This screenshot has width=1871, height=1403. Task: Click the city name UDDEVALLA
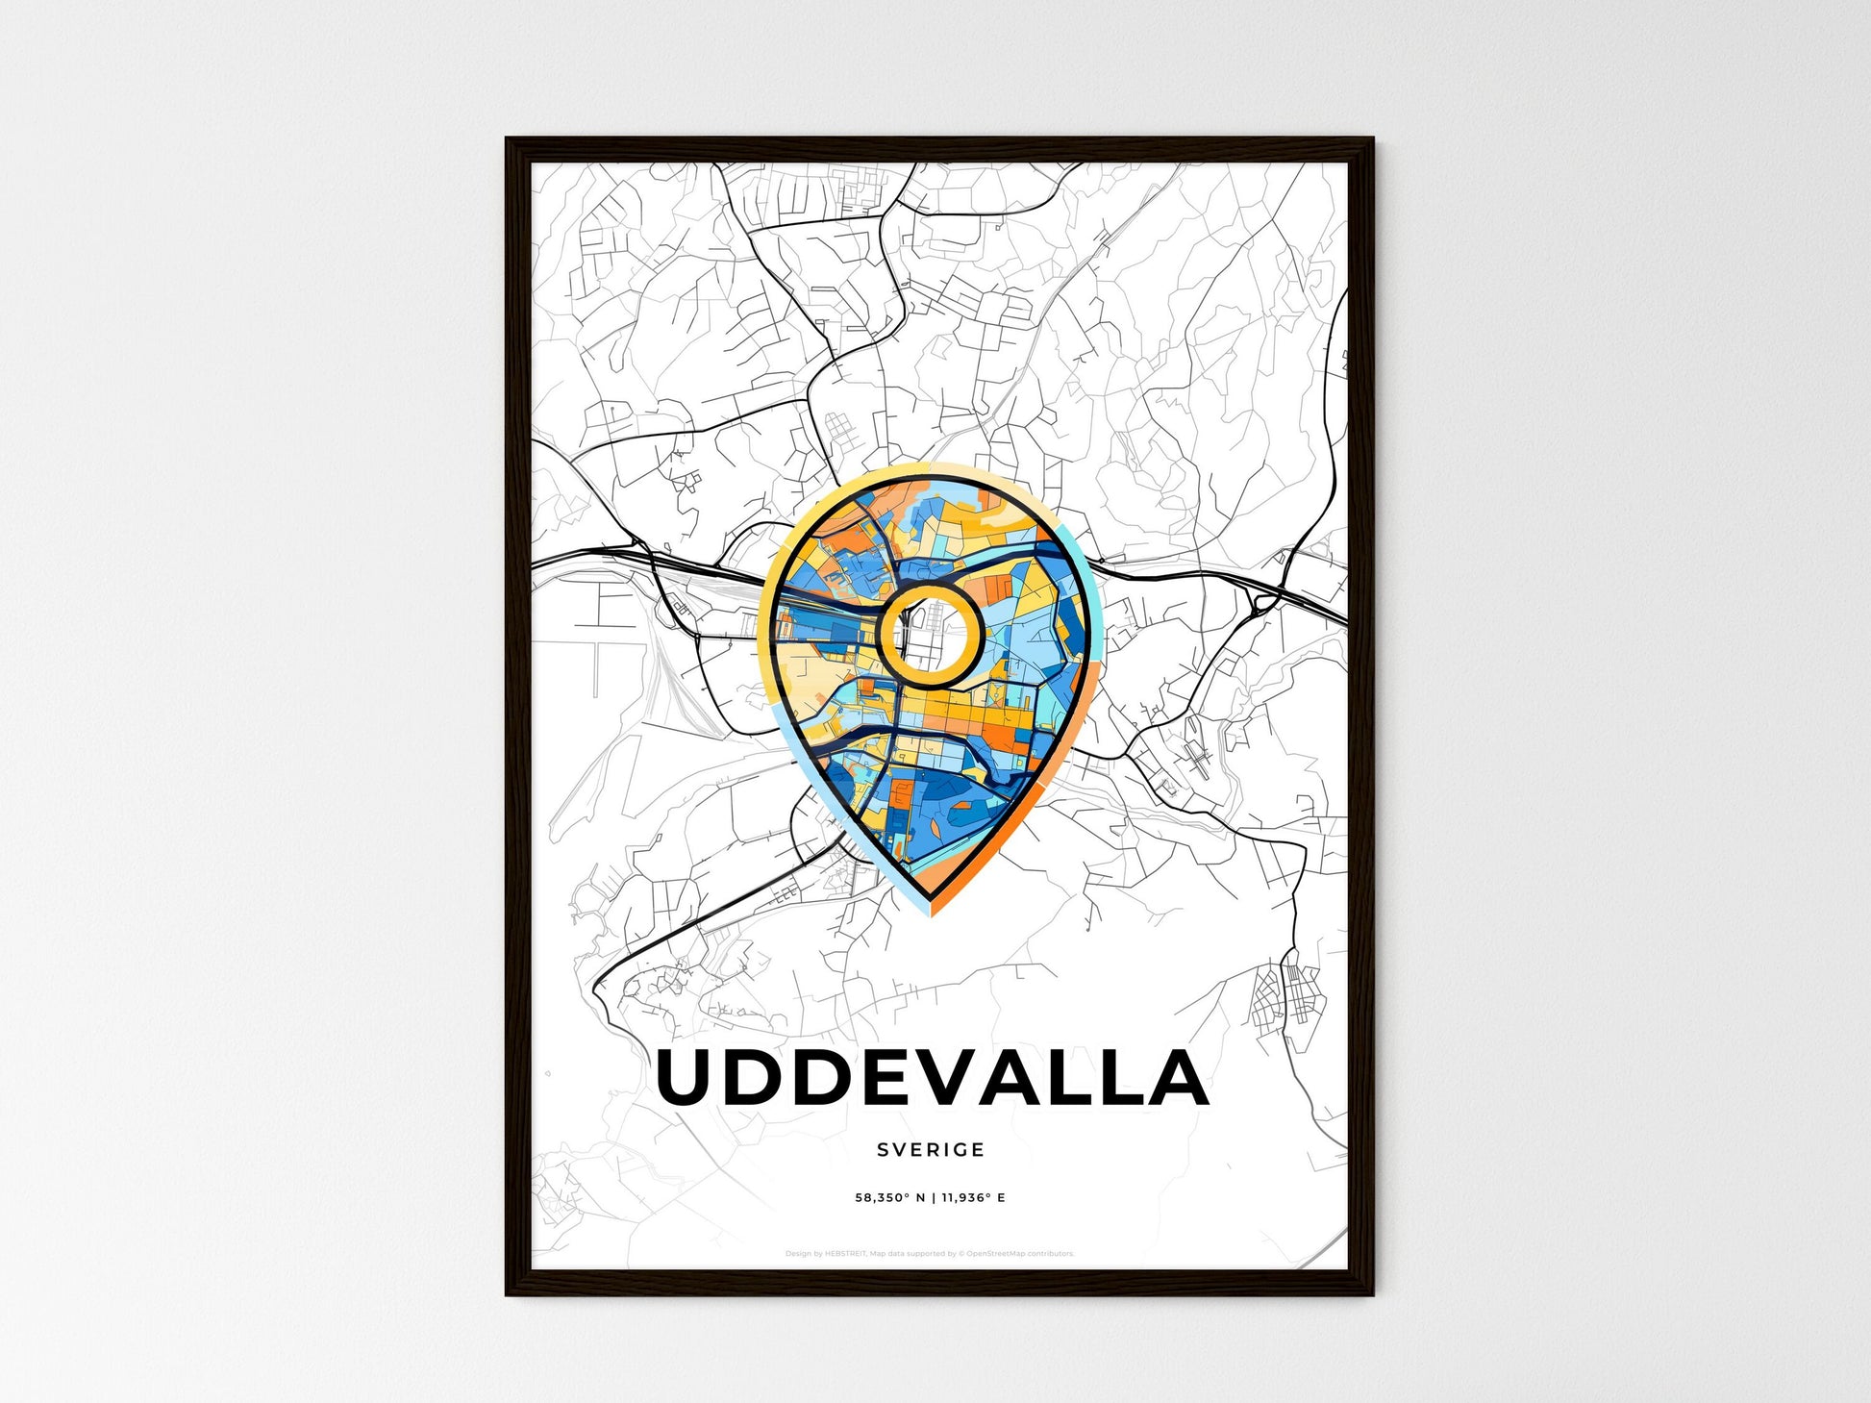pyautogui.click(x=931, y=1078)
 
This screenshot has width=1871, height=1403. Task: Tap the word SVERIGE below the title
pyautogui.click(x=931, y=1149)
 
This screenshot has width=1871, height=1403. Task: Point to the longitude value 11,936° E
pyautogui.click(x=973, y=1198)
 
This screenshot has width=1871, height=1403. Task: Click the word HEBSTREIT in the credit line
pyautogui.click(x=845, y=1254)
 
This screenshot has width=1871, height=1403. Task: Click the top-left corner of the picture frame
pyautogui.click(x=508, y=139)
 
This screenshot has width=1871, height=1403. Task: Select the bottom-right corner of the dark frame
pyautogui.click(x=1372, y=1294)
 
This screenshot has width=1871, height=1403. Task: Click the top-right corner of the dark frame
pyautogui.click(x=1372, y=139)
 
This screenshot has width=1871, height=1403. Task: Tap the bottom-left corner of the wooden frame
pyautogui.click(x=508, y=1294)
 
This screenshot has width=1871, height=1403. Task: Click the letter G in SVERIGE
pyautogui.click(x=962, y=1149)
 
